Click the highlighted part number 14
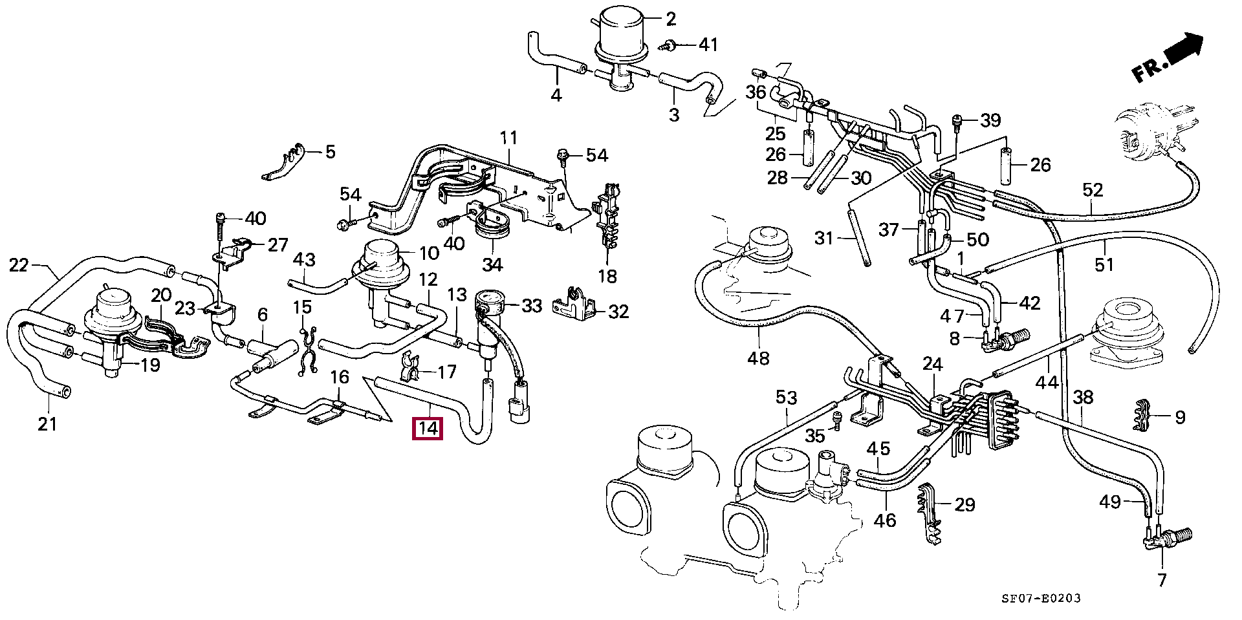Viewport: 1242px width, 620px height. (428, 429)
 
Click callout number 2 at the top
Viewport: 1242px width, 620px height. (671, 19)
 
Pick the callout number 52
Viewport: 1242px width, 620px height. (1093, 191)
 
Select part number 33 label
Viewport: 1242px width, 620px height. (532, 305)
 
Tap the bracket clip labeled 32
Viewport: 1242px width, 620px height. (572, 305)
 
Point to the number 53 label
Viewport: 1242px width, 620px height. (787, 398)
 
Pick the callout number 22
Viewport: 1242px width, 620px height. (19, 265)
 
